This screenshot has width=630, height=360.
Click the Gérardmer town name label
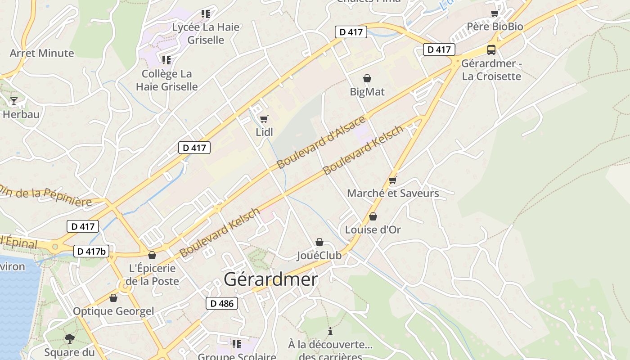pos(271,279)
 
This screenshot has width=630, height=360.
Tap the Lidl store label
pos(264,132)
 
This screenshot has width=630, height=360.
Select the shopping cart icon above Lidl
pos(264,119)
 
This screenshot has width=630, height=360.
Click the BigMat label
pos(367,92)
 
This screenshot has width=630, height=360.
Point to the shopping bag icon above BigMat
pos(367,78)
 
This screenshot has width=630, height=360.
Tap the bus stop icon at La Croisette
pos(491,50)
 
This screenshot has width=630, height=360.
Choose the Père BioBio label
pos(495,27)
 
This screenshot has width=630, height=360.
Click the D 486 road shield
pos(222,303)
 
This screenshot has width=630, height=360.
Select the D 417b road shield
pos(91,251)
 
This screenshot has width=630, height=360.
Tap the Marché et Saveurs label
pos(393,193)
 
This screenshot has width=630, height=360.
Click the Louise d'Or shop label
pos(373,229)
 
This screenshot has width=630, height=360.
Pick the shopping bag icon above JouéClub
pos(319,243)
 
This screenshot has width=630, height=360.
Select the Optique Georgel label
pos(113,311)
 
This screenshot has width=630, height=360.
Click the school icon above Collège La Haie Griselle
pos(166,60)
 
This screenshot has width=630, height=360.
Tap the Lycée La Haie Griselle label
pos(206,33)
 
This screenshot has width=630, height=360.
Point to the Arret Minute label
pos(42,53)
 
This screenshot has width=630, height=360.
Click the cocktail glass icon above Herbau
pos(14,101)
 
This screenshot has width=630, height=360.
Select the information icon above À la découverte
pos(330,331)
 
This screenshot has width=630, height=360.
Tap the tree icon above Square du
pos(69,338)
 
